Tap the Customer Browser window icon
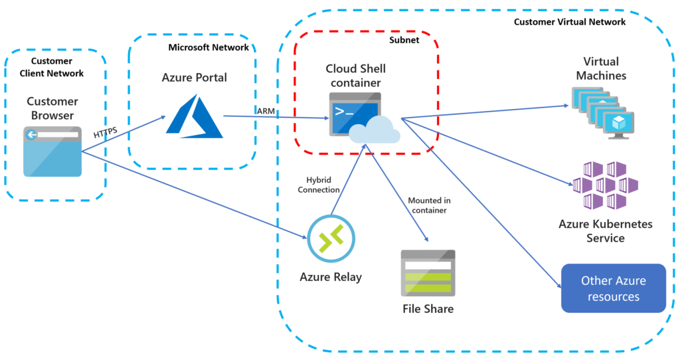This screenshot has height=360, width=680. [x=52, y=152]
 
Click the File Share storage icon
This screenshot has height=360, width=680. [x=428, y=273]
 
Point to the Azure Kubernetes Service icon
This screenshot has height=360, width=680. [x=604, y=185]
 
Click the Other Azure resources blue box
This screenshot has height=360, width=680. [x=613, y=288]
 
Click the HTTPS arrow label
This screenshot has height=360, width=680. [x=106, y=133]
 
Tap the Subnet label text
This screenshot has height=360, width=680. [x=405, y=41]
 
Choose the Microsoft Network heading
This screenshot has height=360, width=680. [x=209, y=47]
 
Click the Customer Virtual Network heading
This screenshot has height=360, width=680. [x=570, y=22]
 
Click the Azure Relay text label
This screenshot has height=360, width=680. [x=331, y=277]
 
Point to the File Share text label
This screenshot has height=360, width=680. [x=428, y=309]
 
